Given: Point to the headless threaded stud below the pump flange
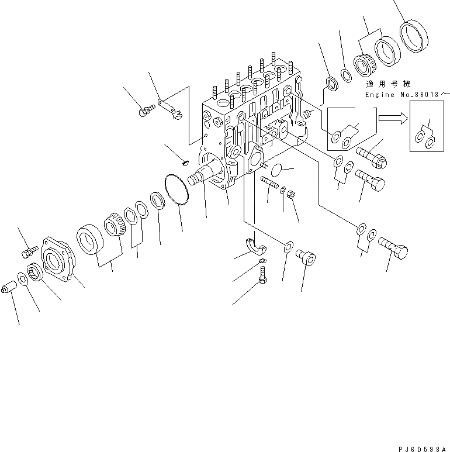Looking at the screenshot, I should [270, 183].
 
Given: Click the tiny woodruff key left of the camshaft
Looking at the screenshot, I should [184, 163].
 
